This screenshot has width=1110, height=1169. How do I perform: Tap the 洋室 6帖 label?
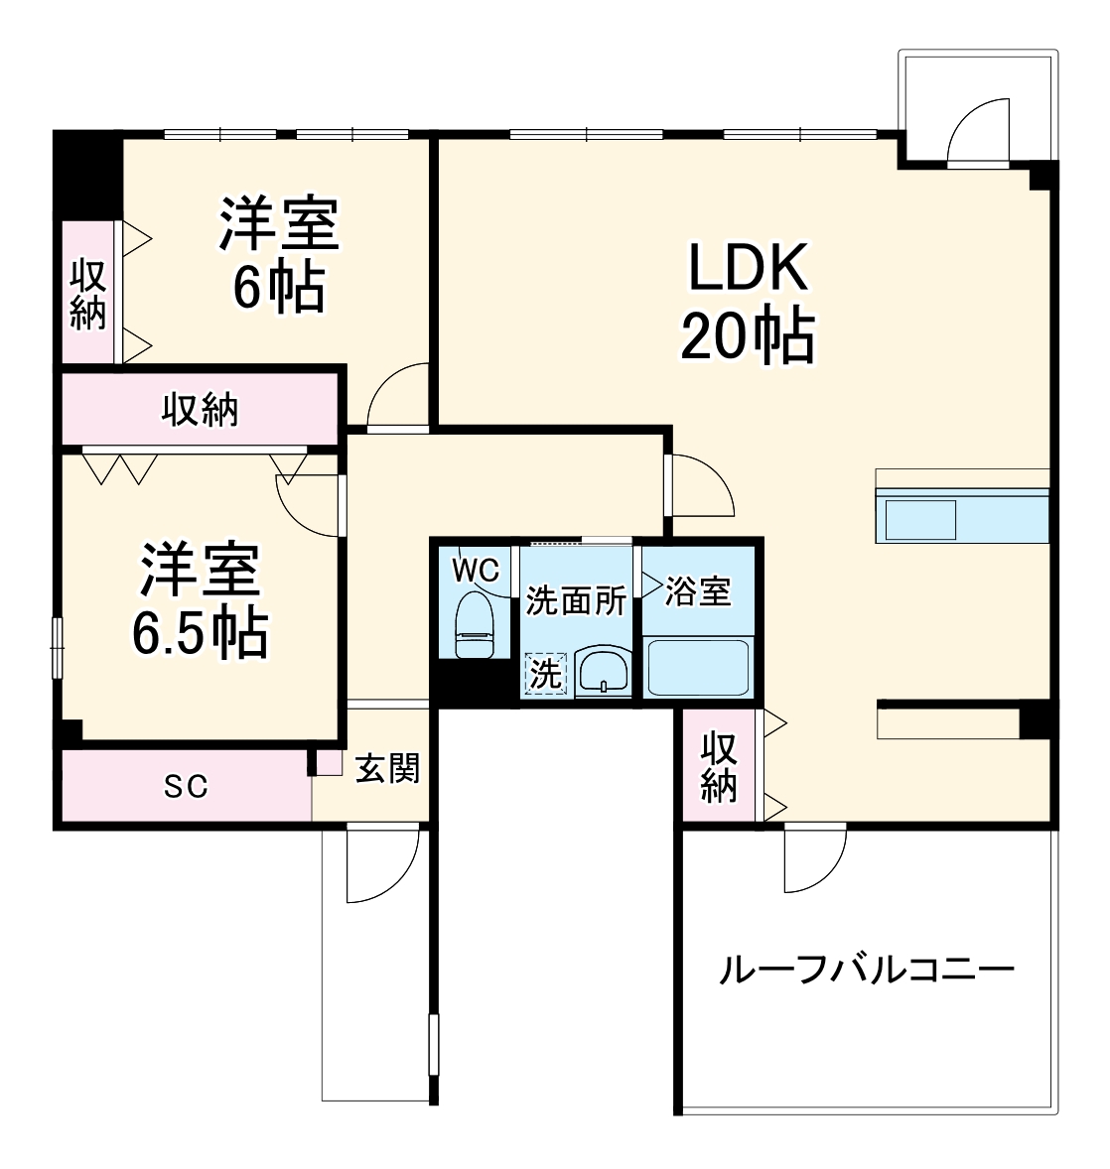tap(279, 255)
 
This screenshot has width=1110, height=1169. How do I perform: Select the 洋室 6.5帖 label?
tap(200, 599)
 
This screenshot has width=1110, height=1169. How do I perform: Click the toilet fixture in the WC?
tap(474, 625)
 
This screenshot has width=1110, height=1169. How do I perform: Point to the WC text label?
tap(475, 571)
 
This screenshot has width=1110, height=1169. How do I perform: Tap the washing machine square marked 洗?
tap(545, 675)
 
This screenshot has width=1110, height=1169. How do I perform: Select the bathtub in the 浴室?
tap(697, 668)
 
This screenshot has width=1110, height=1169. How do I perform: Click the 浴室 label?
tap(698, 591)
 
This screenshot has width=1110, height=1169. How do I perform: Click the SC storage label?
tap(186, 786)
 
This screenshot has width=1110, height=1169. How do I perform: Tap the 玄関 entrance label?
tap(387, 768)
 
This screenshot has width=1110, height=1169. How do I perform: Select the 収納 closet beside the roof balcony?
tap(720, 766)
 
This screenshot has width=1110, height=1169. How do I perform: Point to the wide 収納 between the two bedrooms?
tap(201, 409)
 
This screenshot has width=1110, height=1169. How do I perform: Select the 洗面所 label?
tap(576, 600)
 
